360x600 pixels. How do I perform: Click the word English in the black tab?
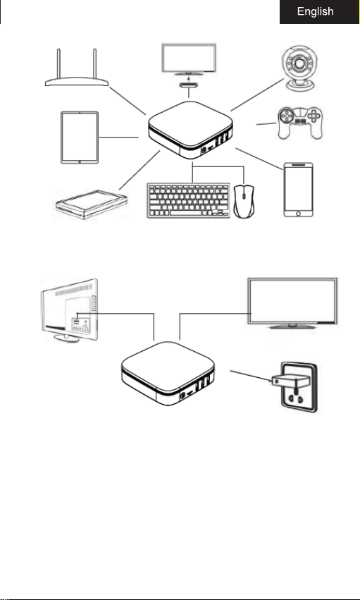(316, 12)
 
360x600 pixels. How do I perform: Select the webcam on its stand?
(299, 68)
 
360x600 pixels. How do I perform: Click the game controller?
(300, 123)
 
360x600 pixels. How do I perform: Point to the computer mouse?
(244, 201)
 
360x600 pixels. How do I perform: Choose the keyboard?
(188, 200)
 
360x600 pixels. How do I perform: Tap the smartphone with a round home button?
(299, 190)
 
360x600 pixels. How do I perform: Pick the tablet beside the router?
(80, 137)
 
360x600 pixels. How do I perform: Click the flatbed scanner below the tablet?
(92, 204)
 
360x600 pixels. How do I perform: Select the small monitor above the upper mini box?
(189, 59)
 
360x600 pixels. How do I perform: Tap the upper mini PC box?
(190, 130)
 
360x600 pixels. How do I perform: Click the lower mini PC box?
(168, 373)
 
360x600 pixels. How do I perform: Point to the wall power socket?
(299, 387)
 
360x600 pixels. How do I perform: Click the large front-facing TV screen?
(292, 303)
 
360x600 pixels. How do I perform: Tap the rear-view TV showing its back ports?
(70, 310)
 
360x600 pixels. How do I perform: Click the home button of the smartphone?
(299, 213)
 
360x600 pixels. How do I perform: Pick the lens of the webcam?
(299, 62)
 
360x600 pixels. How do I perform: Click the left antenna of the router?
(59, 63)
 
